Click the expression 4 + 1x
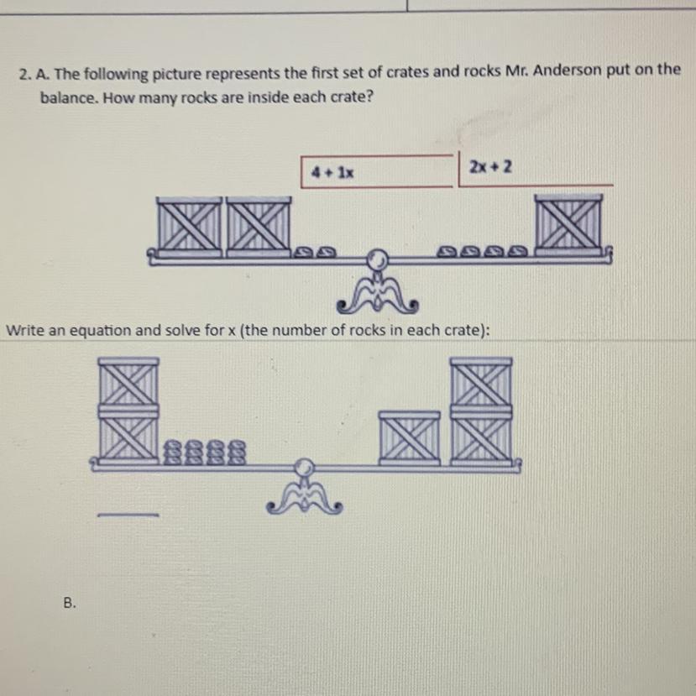pos(333,172)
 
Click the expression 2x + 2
pos(490,167)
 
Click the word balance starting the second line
pos(68,97)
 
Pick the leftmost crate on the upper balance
pos(190,228)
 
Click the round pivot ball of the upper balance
pos(377,259)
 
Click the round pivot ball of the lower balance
pos(304,468)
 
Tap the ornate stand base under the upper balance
pos(377,295)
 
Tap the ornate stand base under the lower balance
pos(305,499)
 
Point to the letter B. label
pos(70,603)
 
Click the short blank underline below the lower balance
pos(128,515)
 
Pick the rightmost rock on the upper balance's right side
pos(517,252)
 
